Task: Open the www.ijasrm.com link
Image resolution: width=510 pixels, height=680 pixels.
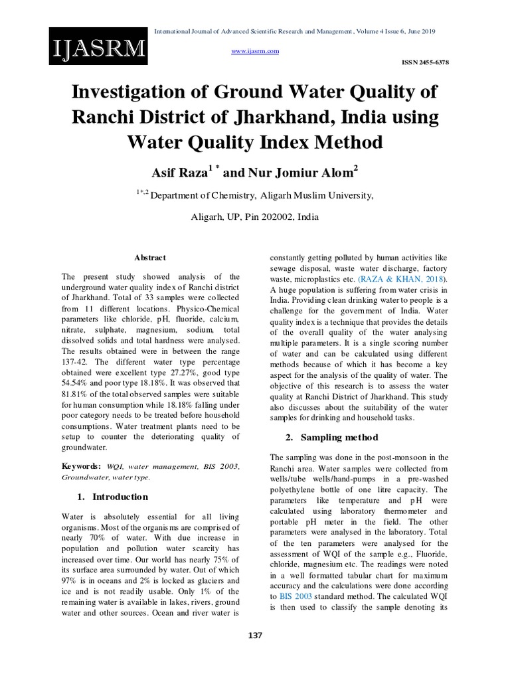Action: click(x=254, y=51)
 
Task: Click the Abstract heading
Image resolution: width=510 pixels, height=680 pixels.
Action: click(x=150, y=258)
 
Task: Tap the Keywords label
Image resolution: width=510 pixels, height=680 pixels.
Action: click(x=82, y=466)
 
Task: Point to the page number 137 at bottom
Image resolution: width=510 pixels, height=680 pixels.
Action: click(x=255, y=636)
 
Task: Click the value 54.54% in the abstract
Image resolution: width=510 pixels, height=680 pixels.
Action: click(x=78, y=384)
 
